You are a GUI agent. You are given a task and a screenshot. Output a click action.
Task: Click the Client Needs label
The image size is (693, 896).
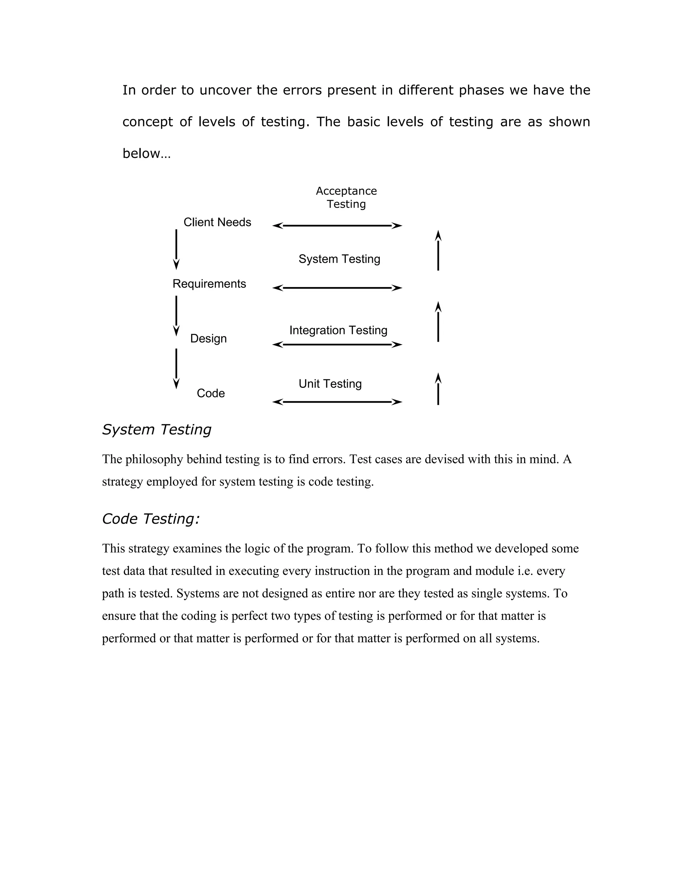pyautogui.click(x=217, y=222)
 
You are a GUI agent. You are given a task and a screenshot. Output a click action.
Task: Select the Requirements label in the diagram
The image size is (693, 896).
pyautogui.click(x=209, y=284)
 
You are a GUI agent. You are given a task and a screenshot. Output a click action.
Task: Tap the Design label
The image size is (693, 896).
pyautogui.click(x=208, y=339)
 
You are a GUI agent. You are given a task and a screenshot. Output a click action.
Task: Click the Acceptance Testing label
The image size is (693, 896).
pyautogui.click(x=346, y=198)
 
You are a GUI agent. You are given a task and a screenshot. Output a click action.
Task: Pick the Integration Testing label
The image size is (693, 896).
pyautogui.click(x=338, y=331)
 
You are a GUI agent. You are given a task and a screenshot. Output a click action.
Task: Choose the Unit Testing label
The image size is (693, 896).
pyautogui.click(x=330, y=384)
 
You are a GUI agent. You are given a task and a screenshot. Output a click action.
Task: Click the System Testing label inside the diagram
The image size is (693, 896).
pyautogui.click(x=339, y=259)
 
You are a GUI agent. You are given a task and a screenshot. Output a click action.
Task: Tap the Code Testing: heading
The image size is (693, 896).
pyautogui.click(x=151, y=519)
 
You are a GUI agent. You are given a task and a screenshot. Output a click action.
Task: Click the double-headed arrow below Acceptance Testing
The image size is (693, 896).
pyautogui.click(x=337, y=226)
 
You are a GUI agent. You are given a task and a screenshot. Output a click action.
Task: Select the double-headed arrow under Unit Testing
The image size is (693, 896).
pyautogui.click(x=337, y=402)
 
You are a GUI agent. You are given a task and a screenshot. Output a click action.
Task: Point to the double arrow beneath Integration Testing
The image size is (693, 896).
pyautogui.click(x=337, y=345)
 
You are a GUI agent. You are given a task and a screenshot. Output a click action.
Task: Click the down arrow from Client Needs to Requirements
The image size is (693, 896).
pyautogui.click(x=177, y=250)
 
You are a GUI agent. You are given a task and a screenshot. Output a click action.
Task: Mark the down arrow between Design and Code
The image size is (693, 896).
pyautogui.click(x=177, y=369)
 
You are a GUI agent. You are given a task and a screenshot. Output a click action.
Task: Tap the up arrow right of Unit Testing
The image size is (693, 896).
pyautogui.click(x=438, y=389)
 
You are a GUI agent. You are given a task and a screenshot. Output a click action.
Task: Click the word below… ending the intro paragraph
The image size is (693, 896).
pyautogui.click(x=146, y=154)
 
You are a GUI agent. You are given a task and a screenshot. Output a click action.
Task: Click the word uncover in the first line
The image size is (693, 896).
pyautogui.click(x=225, y=90)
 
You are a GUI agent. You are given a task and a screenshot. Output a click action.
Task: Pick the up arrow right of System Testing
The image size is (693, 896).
pyautogui.click(x=438, y=250)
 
